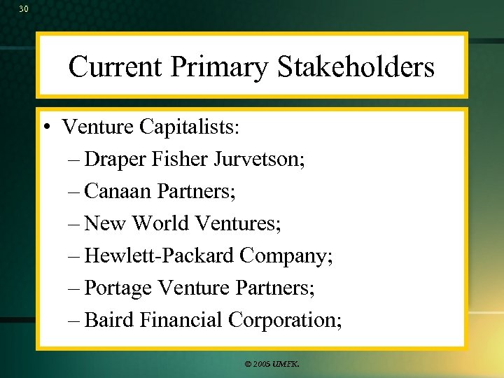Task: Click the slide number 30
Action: pos(24,9)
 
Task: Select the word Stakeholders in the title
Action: pos(356,67)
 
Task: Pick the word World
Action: pos(161,223)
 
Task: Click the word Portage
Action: pos(118,288)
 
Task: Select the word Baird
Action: pos(109,320)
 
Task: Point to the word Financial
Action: pos(181,320)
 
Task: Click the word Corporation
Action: pos(284,320)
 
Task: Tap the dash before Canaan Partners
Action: pos(75,192)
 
